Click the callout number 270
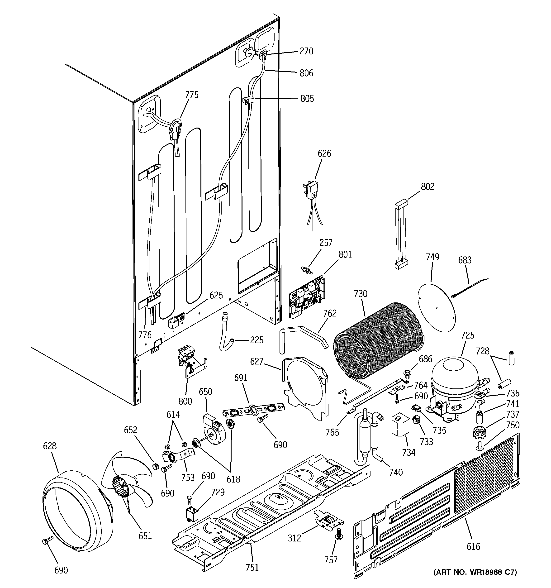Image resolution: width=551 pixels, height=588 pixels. tap(306, 51)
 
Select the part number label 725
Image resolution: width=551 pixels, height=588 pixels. tap(468, 335)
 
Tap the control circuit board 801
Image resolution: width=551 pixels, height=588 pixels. tap(307, 297)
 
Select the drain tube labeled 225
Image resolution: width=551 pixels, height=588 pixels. tap(226, 333)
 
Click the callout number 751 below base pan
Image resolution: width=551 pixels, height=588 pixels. tap(252, 567)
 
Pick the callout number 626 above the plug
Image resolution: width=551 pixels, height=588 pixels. tap(324, 153)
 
